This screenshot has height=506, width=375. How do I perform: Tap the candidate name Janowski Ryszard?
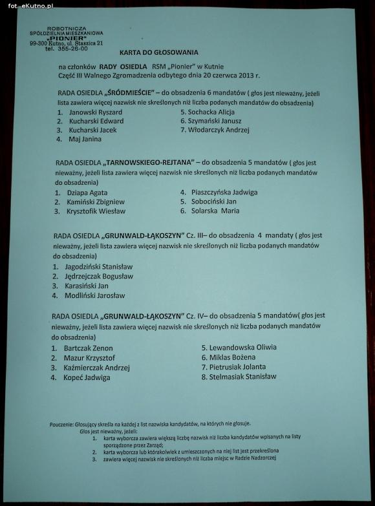pos(95,112)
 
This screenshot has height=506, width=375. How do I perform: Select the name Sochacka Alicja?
pos(207,112)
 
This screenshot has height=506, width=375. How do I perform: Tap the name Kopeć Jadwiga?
pos(87,377)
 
